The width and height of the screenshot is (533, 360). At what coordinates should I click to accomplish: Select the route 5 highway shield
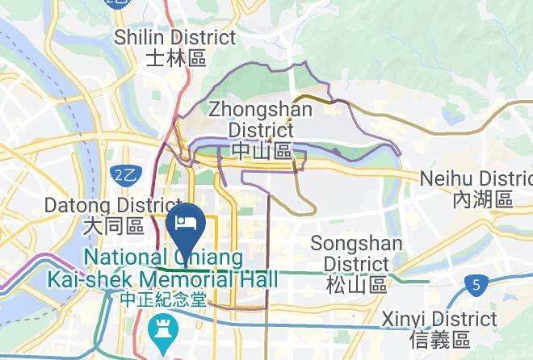476,284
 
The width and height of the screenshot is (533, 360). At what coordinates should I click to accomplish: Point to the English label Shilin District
175,38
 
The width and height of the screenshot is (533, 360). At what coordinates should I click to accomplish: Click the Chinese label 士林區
176,58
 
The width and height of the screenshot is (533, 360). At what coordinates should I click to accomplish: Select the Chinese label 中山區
261,150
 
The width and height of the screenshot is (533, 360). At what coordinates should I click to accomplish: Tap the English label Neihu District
477,178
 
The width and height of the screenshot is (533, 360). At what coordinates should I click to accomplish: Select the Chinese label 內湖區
482,199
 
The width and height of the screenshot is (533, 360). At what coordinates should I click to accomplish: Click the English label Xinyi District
439,318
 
